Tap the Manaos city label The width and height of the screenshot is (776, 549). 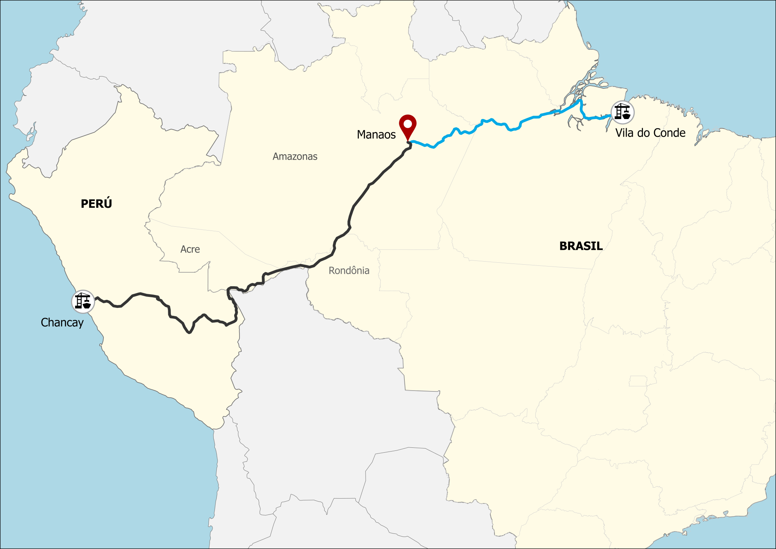coord(376,135)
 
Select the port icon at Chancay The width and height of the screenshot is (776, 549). coord(83,301)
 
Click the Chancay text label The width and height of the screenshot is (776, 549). coord(62,323)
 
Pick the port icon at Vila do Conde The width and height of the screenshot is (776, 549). coord(622,112)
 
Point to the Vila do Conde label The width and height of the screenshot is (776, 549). coord(650,133)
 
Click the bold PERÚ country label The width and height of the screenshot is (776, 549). coord(96,204)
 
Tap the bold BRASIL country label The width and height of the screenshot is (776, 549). coord(581,246)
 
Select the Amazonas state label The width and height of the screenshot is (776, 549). coord(295,157)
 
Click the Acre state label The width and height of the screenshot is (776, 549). coord(190,249)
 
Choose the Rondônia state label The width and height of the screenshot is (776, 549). coord(349,271)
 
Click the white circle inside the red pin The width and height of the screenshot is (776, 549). coord(408,124)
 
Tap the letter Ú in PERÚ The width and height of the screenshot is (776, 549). coord(108,204)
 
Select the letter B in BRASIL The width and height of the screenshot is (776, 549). coord(563,246)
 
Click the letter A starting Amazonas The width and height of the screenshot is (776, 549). coord(275,157)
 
